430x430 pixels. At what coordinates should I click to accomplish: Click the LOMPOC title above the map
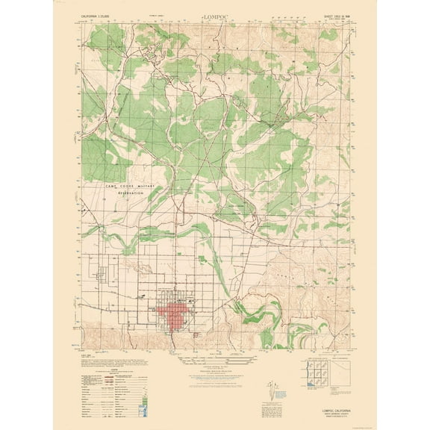click(214, 14)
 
